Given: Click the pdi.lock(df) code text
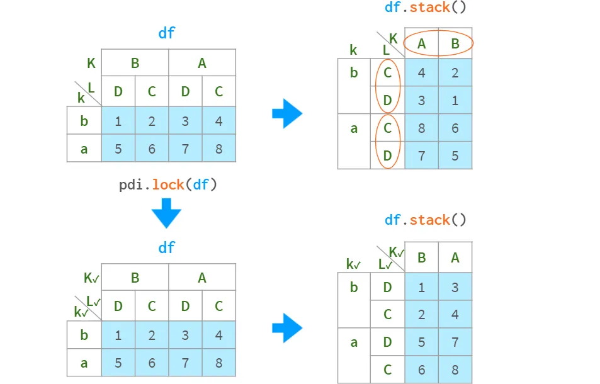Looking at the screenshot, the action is [x=168, y=184].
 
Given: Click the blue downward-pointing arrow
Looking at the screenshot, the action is [x=166, y=213].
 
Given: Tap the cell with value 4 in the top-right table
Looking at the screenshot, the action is [x=421, y=72].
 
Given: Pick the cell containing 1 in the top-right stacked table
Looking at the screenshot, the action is [x=455, y=100].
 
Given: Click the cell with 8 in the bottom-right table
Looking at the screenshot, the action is [x=455, y=370].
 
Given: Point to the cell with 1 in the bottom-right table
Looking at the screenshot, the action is [x=421, y=287].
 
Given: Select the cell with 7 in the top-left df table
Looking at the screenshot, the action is [x=185, y=149].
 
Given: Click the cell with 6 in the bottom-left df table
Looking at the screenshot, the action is [x=152, y=363].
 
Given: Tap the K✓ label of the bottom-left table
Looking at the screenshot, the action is [x=91, y=278].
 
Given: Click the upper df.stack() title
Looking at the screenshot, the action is [x=426, y=8].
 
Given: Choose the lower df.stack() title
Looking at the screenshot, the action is [x=426, y=220].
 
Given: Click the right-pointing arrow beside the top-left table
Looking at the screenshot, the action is [x=287, y=113].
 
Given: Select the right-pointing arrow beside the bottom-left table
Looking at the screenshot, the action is [x=287, y=328].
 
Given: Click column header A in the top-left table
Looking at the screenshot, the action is [x=202, y=63].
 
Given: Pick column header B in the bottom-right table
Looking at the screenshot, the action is [x=421, y=257].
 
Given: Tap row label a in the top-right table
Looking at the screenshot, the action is [x=354, y=128].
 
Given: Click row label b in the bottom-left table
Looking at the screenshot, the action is [x=84, y=335].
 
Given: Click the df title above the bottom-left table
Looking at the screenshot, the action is [x=166, y=247].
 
